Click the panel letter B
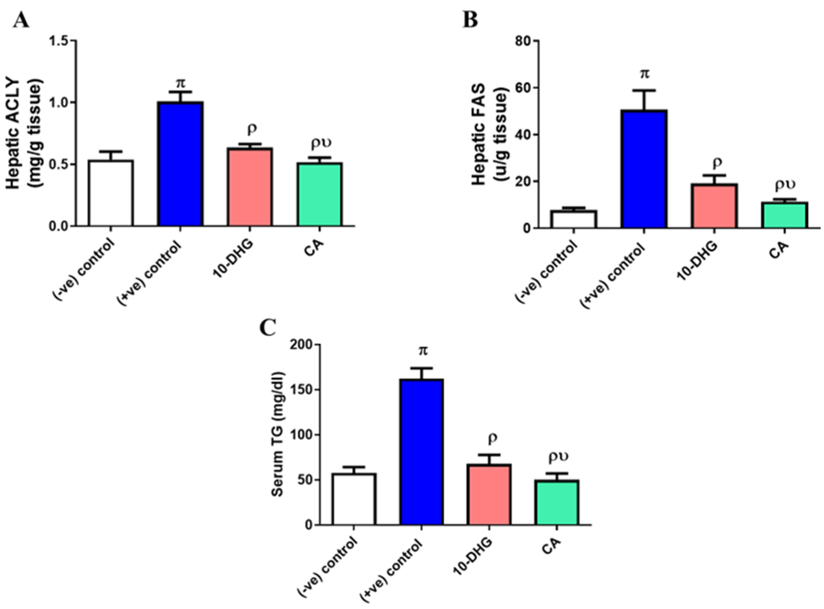click(x=470, y=20)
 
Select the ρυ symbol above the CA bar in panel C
click(x=558, y=457)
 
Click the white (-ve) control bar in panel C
click(x=354, y=499)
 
